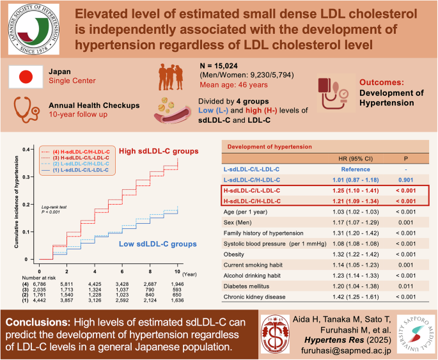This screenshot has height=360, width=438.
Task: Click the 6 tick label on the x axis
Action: pyautogui.click(x=122, y=264)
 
